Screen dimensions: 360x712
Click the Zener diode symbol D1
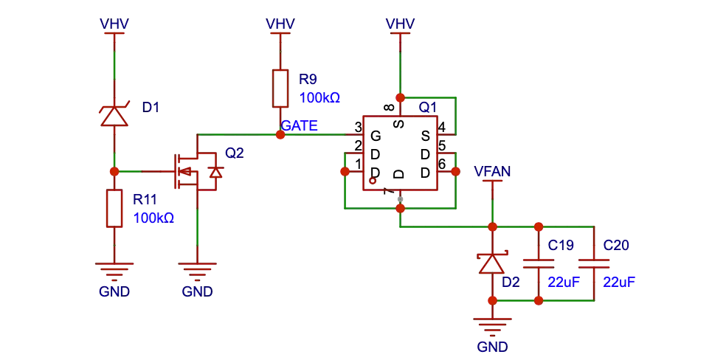click(x=114, y=115)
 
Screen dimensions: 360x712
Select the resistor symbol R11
click(x=114, y=208)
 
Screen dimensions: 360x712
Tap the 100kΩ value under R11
click(x=153, y=218)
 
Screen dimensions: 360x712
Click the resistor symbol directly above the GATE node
click(x=280, y=86)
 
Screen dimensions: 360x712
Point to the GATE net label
click(x=300, y=125)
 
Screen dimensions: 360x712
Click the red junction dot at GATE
click(x=280, y=135)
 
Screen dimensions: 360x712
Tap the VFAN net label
click(x=492, y=172)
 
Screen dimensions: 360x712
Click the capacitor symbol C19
click(x=539, y=263)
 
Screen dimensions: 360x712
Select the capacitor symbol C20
click(x=594, y=263)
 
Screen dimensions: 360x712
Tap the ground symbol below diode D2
click(x=492, y=325)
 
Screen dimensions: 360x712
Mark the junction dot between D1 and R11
click(x=114, y=171)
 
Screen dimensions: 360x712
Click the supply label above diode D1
click(x=114, y=24)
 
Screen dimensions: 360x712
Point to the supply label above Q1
click(x=400, y=24)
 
